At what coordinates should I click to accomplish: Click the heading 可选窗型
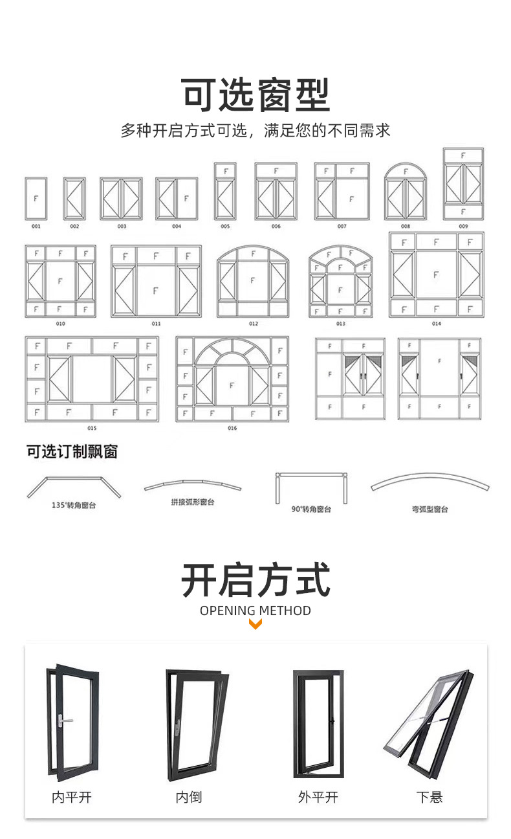coord(255,95)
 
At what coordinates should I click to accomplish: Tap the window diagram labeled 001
coord(36,198)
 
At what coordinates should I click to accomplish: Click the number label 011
coord(156,323)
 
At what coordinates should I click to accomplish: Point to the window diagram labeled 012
coord(253,281)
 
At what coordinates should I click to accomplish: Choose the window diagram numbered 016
coord(232,379)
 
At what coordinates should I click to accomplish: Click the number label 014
coord(436,324)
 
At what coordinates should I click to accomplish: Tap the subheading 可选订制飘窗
coord(72,451)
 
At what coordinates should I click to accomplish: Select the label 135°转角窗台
coord(74,505)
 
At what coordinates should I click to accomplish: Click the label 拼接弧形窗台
coord(193,502)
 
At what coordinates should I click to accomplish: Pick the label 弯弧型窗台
coord(430,509)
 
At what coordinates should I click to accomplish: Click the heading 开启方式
coord(255,580)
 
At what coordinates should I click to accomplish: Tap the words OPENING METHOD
coord(255,610)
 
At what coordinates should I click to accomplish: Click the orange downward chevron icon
coord(255,625)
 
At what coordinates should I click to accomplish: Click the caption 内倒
coord(189,797)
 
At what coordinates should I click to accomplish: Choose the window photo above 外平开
coord(318,723)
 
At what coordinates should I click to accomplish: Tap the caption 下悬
coord(429,797)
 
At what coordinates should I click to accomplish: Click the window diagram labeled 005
coord(225,191)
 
